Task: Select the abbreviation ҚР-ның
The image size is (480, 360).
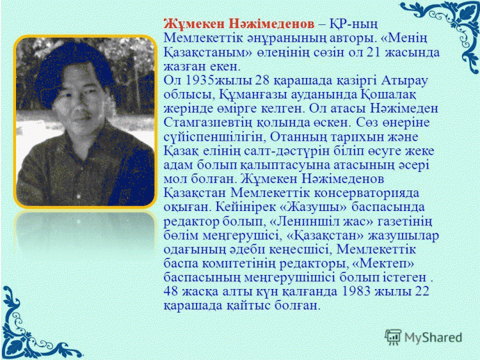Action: (x=353, y=24)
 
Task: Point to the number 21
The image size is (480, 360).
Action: (x=373, y=52)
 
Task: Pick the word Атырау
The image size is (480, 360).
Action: (x=404, y=81)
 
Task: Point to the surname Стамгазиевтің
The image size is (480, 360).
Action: (x=208, y=123)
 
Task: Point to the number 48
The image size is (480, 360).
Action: (x=170, y=291)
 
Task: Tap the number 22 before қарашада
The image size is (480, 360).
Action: (x=422, y=291)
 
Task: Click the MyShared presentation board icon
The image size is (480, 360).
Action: (x=393, y=337)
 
